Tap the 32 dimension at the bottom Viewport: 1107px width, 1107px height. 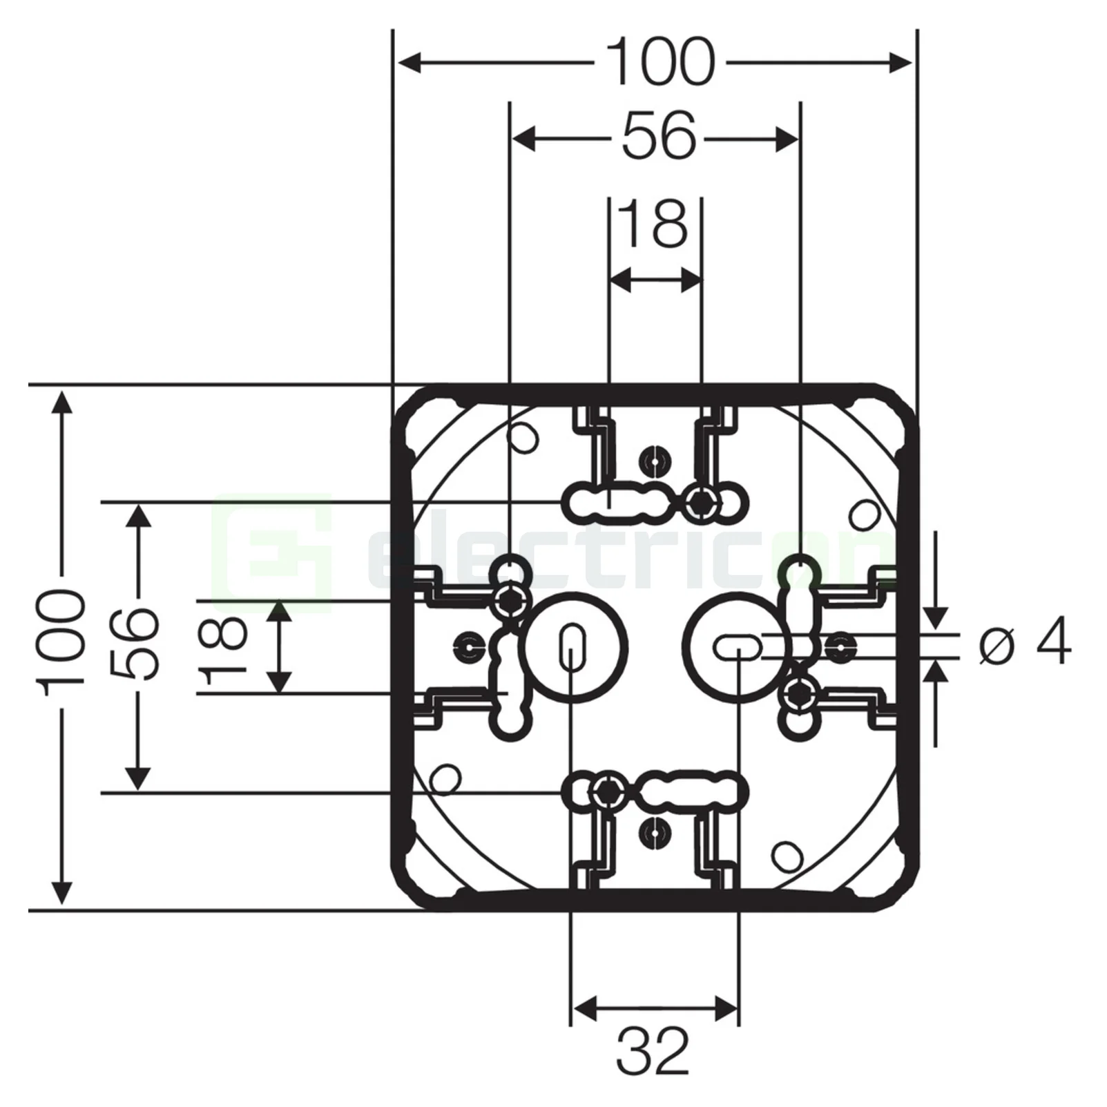pos(653,1051)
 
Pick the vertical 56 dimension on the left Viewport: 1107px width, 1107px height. pos(135,644)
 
